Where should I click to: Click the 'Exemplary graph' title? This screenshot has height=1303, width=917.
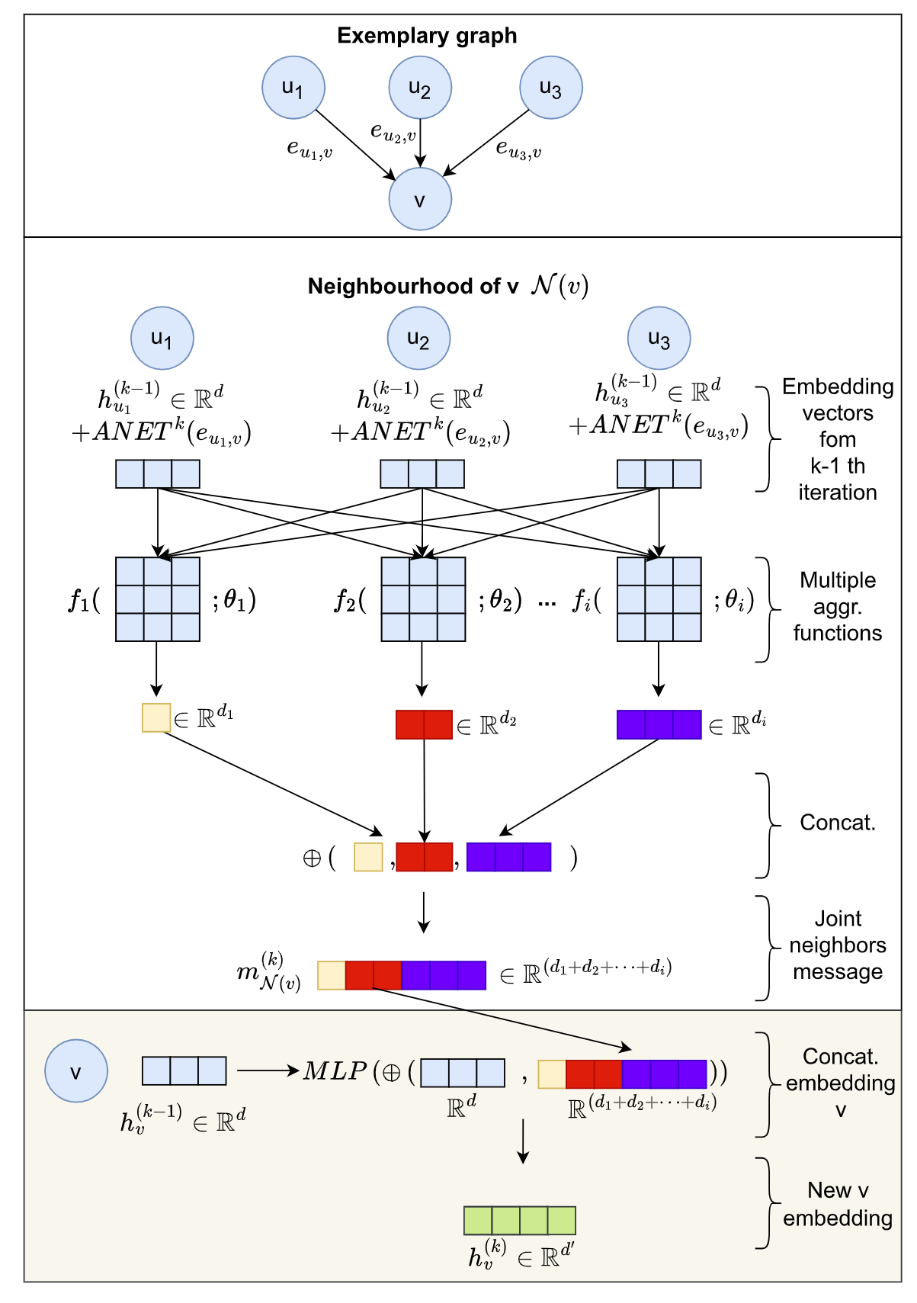pos(427,36)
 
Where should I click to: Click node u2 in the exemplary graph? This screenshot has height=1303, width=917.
pos(420,88)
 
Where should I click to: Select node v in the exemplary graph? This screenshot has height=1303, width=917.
pos(420,200)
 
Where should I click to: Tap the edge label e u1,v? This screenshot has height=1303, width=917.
pos(309,149)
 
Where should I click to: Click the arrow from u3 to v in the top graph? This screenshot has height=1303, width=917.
pos(488,143)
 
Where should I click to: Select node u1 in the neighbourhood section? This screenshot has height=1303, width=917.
pos(162,338)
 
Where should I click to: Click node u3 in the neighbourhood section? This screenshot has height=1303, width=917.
pos(659,338)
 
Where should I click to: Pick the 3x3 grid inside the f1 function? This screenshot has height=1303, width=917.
pos(158,599)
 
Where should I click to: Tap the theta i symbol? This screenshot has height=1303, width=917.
pos(733,601)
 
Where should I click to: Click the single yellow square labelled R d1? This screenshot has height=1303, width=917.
pos(156,718)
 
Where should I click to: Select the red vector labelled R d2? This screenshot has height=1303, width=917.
pos(424,724)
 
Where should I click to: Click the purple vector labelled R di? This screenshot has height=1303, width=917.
pos(659,724)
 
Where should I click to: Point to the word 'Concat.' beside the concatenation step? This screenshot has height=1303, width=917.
pos(837,823)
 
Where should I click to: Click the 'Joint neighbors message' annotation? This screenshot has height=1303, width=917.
pos(837,945)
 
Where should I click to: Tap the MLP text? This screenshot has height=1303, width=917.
pos(335,1071)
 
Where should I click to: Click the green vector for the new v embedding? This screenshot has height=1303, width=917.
pos(519,1220)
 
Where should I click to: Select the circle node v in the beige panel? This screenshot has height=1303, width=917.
pos(76,1071)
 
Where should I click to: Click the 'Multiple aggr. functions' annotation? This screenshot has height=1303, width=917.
pos(837,607)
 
